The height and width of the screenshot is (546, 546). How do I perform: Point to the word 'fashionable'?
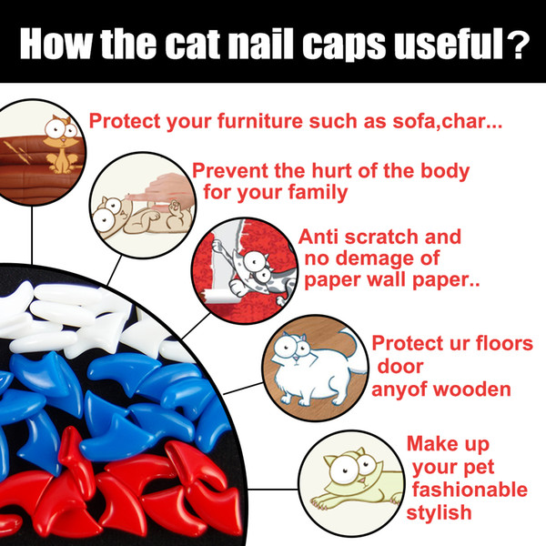click(x=470, y=490)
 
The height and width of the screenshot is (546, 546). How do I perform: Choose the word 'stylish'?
click(x=440, y=513)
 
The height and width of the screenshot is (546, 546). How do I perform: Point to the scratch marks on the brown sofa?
click(x=22, y=152)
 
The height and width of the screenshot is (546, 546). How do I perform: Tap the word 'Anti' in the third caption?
click(x=318, y=237)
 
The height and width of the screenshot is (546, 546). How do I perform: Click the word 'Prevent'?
click(x=231, y=171)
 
